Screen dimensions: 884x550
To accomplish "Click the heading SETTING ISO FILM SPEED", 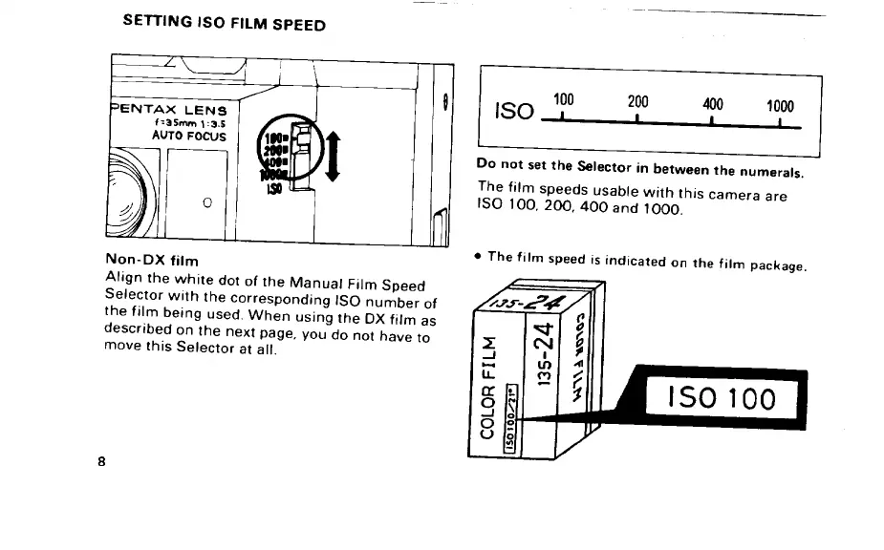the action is point(225,25).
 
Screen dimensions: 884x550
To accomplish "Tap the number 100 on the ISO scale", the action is point(564,98).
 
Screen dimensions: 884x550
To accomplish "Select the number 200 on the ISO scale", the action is point(638,100).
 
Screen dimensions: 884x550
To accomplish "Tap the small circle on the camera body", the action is point(206,201).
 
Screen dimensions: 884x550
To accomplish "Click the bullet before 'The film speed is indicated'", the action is point(476,256).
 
